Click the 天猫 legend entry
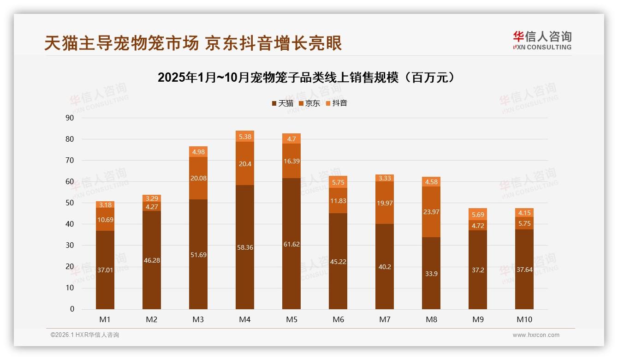(282, 103)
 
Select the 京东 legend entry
(309, 103)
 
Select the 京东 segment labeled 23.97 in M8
(431, 212)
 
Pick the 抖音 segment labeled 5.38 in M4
(245, 136)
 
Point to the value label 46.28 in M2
(152, 260)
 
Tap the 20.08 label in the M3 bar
(198, 178)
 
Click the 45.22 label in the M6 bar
(338, 262)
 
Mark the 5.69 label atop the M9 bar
(478, 214)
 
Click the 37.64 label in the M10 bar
(524, 270)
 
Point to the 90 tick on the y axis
(70, 118)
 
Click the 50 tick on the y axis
(70, 203)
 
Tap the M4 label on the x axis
(245, 319)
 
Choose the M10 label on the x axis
(524, 319)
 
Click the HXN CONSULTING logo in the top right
(542, 41)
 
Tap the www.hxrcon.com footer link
(536, 335)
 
